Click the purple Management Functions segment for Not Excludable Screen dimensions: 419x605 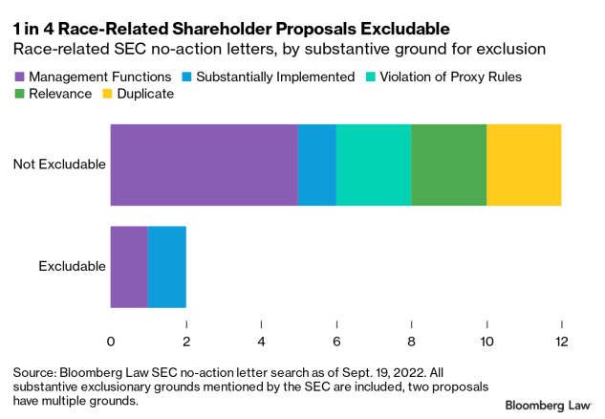(x=204, y=165)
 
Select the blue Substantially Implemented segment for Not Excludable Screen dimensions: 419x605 (x=316, y=165)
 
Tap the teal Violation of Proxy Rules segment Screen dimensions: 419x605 (x=373, y=165)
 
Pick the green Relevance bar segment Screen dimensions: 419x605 (x=448, y=165)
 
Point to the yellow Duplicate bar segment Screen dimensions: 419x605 (x=524, y=165)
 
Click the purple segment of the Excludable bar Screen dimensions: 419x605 (x=129, y=267)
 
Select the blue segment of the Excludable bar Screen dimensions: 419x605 (x=166, y=267)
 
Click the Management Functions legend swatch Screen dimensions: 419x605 (x=20, y=76)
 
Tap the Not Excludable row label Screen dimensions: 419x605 (x=58, y=165)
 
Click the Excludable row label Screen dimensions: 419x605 (x=72, y=267)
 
